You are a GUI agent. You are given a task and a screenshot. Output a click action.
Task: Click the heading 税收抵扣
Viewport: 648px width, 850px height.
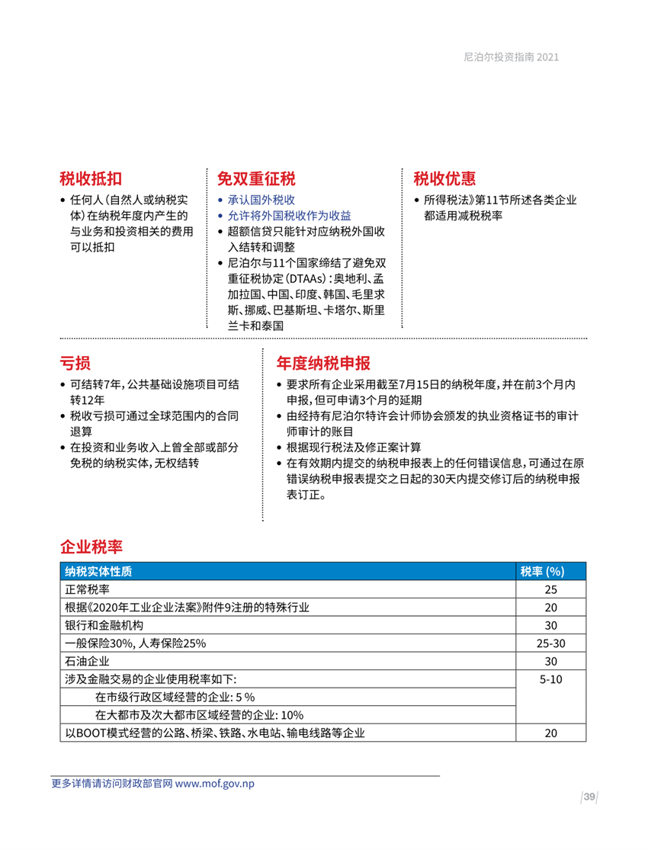(x=91, y=178)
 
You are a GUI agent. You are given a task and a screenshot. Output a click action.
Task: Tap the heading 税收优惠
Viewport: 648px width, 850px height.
(x=444, y=178)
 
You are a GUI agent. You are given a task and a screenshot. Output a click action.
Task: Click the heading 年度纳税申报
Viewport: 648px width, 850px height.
(x=323, y=361)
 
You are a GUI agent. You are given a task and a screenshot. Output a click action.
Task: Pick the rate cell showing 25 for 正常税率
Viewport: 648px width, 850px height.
(x=550, y=589)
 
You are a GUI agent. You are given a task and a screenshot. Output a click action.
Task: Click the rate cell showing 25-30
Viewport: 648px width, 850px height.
(x=550, y=643)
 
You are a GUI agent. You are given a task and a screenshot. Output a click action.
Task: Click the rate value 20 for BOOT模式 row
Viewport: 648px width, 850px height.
(x=550, y=733)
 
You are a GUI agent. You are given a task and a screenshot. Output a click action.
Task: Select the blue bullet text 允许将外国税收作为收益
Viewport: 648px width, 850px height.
(x=290, y=216)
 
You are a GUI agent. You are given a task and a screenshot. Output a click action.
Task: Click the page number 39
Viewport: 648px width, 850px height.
(x=589, y=797)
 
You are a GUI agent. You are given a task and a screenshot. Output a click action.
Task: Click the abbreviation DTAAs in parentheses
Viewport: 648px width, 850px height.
(x=311, y=278)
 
